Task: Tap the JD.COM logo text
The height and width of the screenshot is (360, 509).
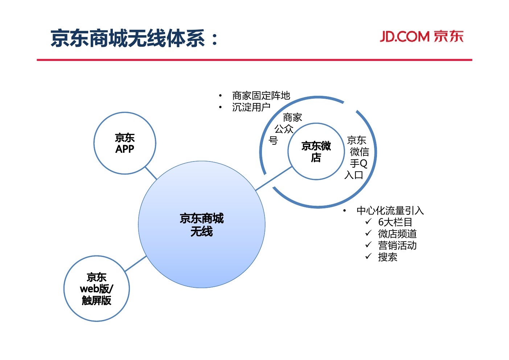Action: pyautogui.click(x=422, y=37)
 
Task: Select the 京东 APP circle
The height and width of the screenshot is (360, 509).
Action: pyautogui.click(x=125, y=143)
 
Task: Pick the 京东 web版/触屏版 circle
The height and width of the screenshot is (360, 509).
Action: pyautogui.click(x=97, y=289)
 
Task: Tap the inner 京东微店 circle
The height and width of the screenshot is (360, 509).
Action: pyautogui.click(x=316, y=152)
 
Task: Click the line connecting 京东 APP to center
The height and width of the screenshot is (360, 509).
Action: pyautogui.click(x=151, y=173)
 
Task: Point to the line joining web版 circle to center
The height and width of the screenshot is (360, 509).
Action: pyautogui.click(x=135, y=264)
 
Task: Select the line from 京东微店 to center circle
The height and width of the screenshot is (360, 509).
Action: pyautogui.click(x=274, y=178)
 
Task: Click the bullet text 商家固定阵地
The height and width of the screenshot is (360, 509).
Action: pyautogui.click(x=261, y=96)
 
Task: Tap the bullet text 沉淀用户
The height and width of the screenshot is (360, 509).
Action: pyautogui.click(x=251, y=107)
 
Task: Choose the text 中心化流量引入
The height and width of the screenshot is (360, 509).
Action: pyautogui.click(x=390, y=210)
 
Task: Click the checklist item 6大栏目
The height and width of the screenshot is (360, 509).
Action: pyautogui.click(x=395, y=222)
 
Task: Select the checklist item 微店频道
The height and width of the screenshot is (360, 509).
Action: pyautogui.click(x=397, y=234)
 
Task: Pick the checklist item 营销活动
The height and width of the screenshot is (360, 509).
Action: pyautogui.click(x=397, y=245)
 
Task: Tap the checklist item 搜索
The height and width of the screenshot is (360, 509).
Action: pyautogui.click(x=387, y=257)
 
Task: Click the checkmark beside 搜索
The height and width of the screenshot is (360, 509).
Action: pyautogui.click(x=369, y=256)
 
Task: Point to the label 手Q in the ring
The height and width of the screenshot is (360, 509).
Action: pyautogui.click(x=358, y=164)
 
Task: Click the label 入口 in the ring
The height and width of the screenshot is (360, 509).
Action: pyautogui.click(x=354, y=175)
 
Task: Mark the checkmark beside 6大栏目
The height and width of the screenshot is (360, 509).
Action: pyautogui.click(x=369, y=221)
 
